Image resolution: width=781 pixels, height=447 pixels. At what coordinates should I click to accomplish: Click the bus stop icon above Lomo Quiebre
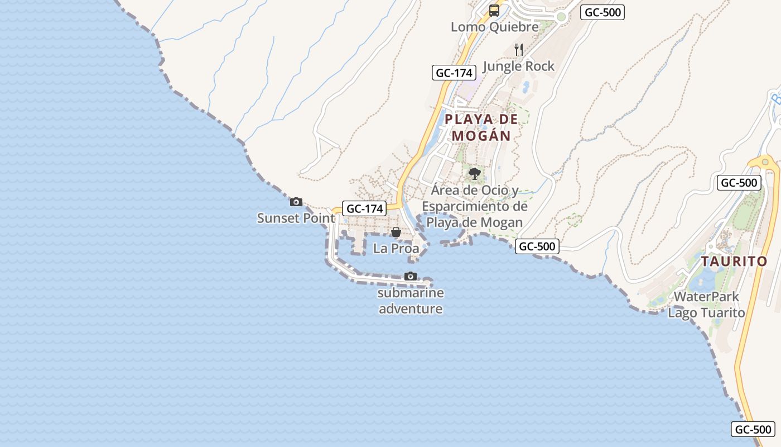tap(494, 10)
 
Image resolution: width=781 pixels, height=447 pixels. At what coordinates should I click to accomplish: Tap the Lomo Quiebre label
tap(495, 27)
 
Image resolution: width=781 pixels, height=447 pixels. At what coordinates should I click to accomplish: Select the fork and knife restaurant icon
tap(519, 49)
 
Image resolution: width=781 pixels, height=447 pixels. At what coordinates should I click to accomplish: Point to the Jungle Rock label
tap(519, 66)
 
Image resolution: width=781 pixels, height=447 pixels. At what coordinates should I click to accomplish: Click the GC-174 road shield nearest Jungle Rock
tap(454, 73)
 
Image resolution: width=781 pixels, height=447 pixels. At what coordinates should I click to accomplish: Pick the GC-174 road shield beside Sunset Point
tap(365, 208)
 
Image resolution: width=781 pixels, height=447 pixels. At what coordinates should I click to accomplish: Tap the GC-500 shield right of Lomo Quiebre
tap(602, 12)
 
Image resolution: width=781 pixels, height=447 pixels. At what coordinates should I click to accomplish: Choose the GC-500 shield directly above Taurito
tap(739, 183)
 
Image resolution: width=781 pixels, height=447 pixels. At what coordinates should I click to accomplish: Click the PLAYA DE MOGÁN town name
tap(481, 127)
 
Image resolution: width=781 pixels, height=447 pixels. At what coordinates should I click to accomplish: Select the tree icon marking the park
tap(475, 174)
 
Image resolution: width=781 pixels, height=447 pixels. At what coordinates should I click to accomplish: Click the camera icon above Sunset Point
tap(296, 202)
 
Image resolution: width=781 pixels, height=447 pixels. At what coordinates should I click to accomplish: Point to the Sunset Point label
tap(296, 218)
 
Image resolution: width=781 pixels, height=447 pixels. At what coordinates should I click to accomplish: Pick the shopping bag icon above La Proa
tap(396, 232)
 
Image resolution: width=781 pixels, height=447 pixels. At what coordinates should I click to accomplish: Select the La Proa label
tap(396, 249)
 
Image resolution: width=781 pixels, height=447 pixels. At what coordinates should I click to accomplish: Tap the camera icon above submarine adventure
tap(411, 276)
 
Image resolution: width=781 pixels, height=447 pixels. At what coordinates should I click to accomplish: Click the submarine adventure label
tap(411, 301)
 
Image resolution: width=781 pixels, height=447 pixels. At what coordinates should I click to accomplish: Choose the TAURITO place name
tap(734, 261)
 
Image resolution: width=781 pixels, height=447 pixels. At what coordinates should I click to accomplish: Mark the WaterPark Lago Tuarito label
tap(706, 305)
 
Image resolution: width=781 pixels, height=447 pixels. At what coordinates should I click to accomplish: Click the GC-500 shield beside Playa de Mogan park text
tap(537, 246)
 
